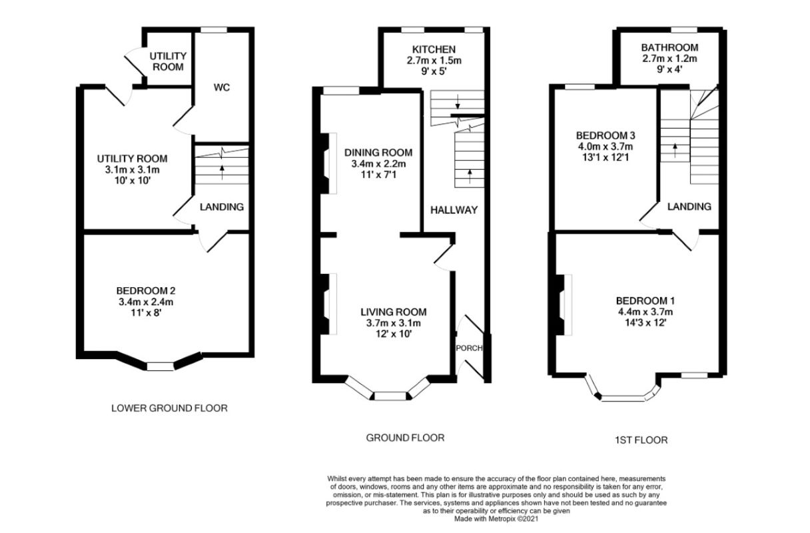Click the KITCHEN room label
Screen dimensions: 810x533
click(x=434, y=49)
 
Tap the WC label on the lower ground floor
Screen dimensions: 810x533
click(x=222, y=87)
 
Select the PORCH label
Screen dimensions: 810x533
click(x=469, y=348)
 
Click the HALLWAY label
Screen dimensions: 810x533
click(x=454, y=210)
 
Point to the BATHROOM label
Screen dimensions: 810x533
click(x=669, y=47)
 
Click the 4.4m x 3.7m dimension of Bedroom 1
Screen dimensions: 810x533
click(x=645, y=312)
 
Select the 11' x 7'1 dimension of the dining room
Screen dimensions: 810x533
click(x=378, y=175)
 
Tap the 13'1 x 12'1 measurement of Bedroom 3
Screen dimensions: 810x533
click(x=606, y=158)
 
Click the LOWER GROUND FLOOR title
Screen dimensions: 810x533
click(x=169, y=408)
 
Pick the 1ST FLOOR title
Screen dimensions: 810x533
click(x=641, y=440)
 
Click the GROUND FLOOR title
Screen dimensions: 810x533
click(x=405, y=438)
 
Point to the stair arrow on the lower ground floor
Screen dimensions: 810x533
click(x=222, y=172)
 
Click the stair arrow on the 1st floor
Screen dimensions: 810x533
click(x=675, y=150)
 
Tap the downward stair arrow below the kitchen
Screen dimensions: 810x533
click(x=458, y=102)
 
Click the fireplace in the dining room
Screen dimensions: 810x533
click(x=328, y=164)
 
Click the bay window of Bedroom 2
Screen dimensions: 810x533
click(x=160, y=366)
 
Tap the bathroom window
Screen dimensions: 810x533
click(x=685, y=30)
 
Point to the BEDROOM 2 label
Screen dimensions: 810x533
click(x=146, y=290)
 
